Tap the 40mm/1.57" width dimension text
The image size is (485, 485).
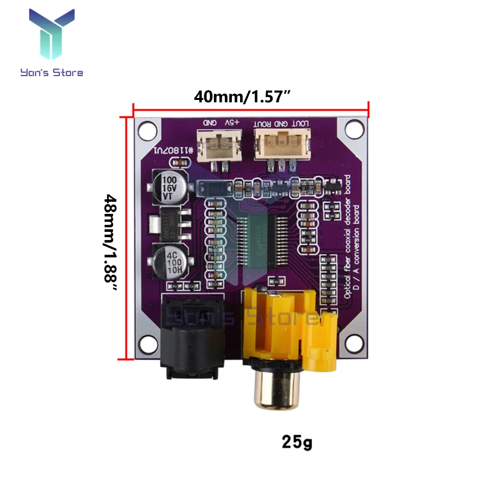tap(242, 97)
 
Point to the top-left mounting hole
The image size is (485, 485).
tap(145, 130)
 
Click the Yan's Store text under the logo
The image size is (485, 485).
tap(51, 73)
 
